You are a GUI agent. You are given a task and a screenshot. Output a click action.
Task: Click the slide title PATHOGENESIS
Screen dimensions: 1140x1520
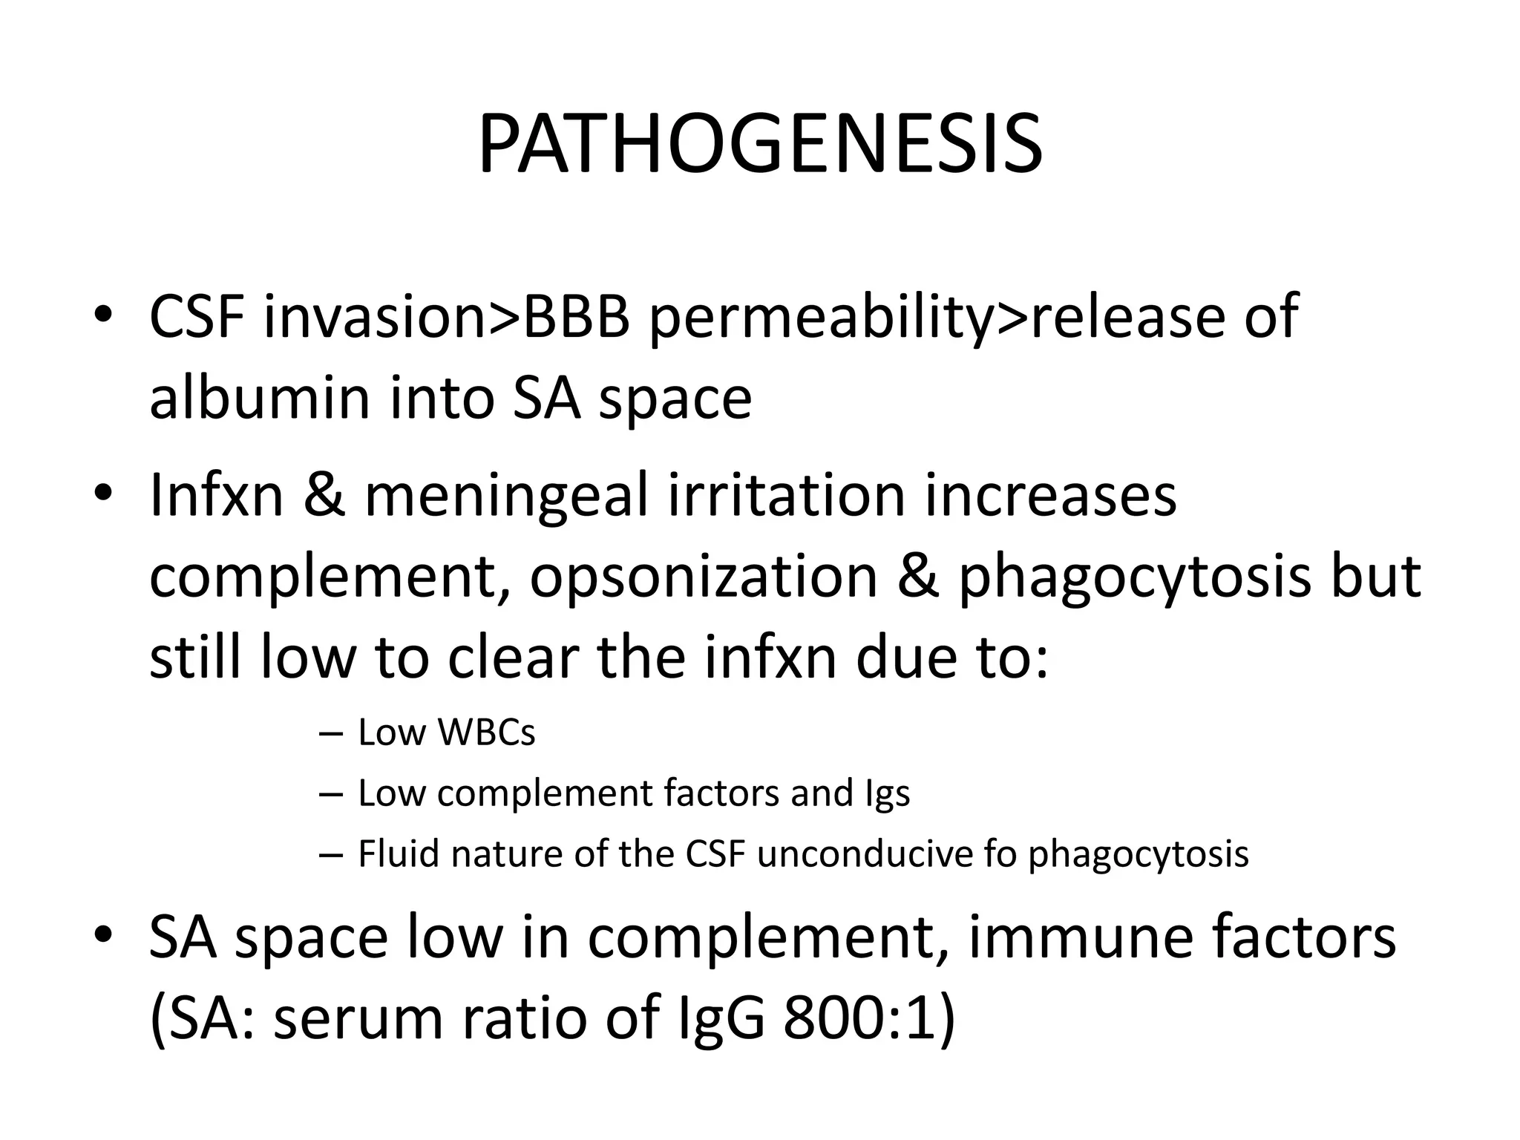click(x=760, y=145)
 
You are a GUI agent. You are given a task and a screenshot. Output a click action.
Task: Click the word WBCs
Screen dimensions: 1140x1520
click(x=486, y=733)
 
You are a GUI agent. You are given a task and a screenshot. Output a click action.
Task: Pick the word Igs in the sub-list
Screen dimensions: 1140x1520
click(x=887, y=794)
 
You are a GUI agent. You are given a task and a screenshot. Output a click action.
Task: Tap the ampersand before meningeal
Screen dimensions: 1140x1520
click(x=324, y=496)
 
